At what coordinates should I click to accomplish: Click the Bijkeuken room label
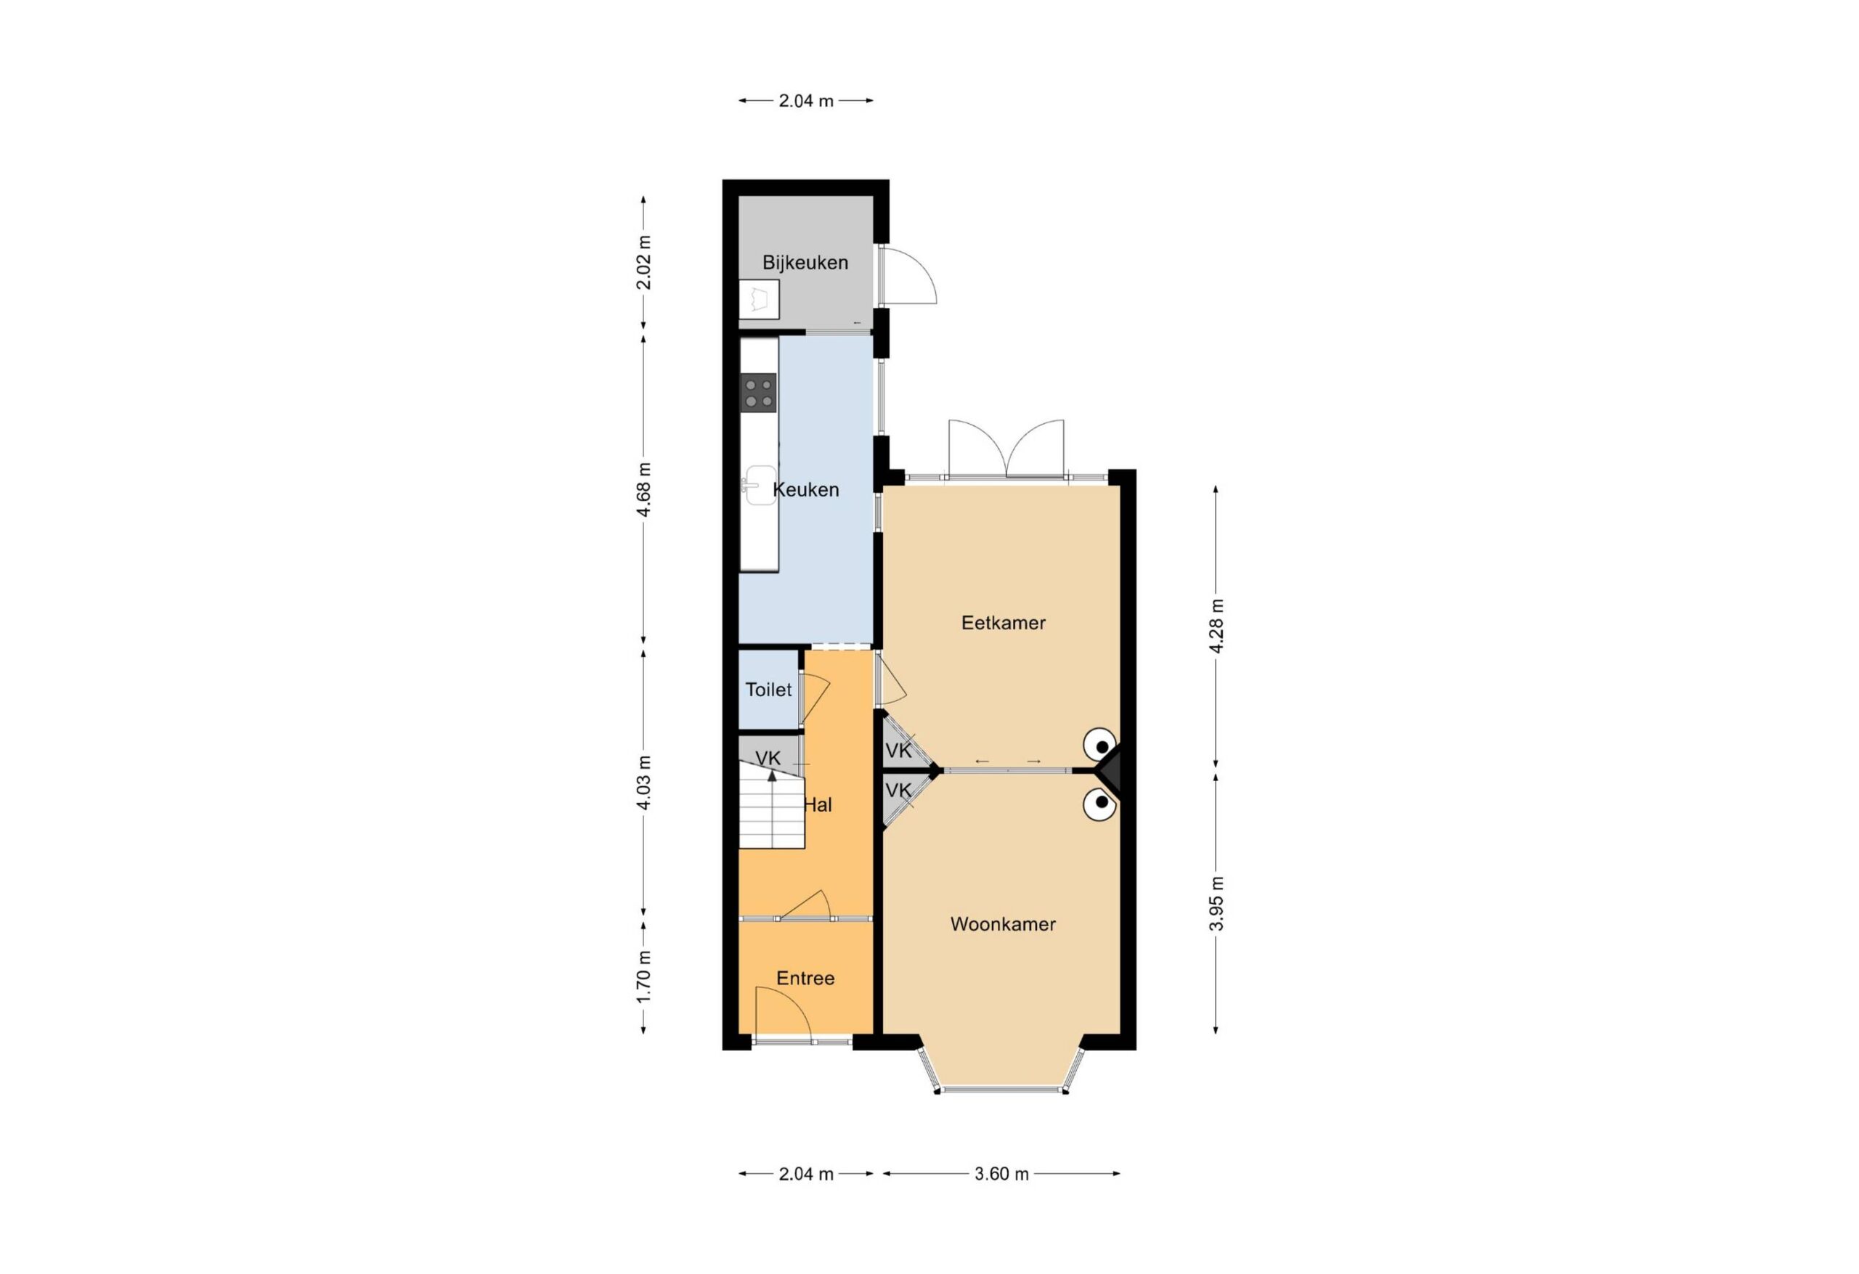pos(805,262)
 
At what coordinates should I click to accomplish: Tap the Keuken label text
pos(805,489)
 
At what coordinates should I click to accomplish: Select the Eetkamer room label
pos(1003,622)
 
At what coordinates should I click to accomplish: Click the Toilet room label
pos(769,690)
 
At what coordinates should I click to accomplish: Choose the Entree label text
pos(805,978)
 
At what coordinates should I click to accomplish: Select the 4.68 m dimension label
pos(644,489)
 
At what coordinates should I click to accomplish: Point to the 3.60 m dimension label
pos(1001,1173)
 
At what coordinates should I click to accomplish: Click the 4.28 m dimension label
pos(1216,626)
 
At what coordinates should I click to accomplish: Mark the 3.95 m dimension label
pos(1216,904)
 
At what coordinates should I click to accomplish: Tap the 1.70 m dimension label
pos(644,976)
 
